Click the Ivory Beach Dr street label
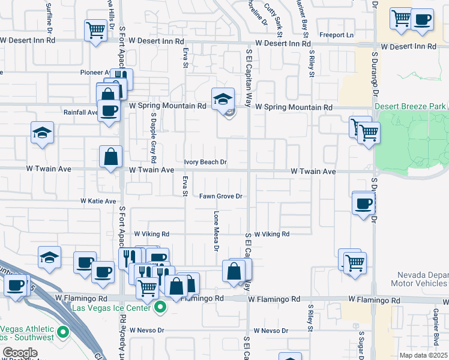[205, 162]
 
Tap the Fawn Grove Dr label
[220, 196]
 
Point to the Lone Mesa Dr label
[215, 228]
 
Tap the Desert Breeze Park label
[411, 106]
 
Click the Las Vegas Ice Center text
[115, 308]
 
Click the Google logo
[20, 353]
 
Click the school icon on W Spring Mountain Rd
[222, 98]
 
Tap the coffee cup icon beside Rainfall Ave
[109, 110]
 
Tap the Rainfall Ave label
[80, 112]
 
